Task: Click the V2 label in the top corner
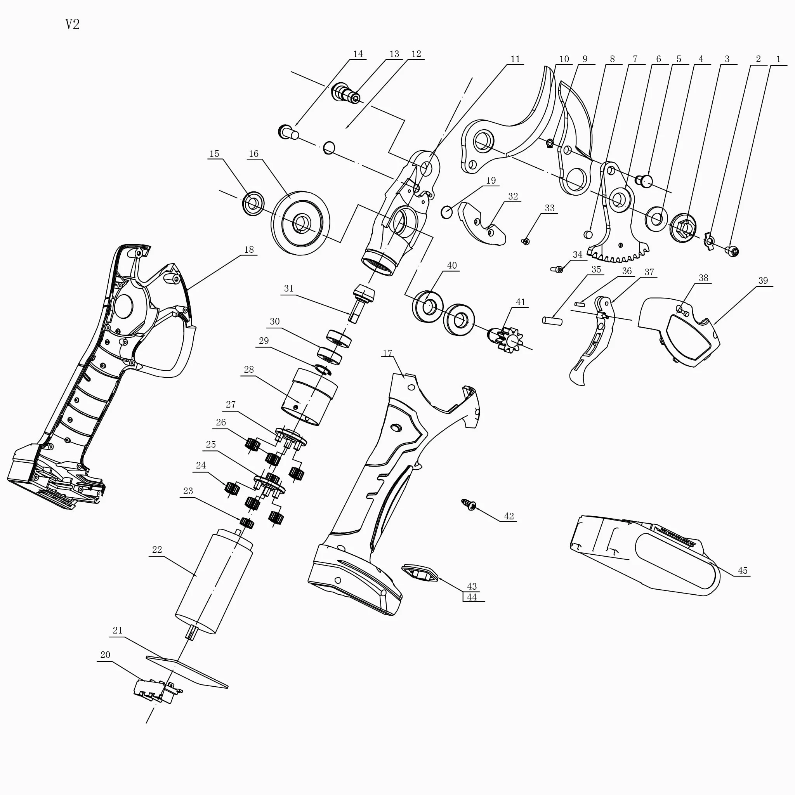tap(73, 24)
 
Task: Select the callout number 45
tap(742, 570)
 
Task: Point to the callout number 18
tap(249, 249)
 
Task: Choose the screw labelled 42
tap(469, 505)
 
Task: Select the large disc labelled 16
tap(301, 223)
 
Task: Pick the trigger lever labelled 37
tap(591, 341)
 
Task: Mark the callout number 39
tap(763, 281)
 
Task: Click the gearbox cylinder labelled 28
tap(309, 397)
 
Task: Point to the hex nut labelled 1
tap(732, 251)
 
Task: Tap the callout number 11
tap(515, 59)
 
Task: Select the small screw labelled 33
tap(526, 241)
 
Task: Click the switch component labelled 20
tap(158, 692)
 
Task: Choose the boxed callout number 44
tap(472, 597)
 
